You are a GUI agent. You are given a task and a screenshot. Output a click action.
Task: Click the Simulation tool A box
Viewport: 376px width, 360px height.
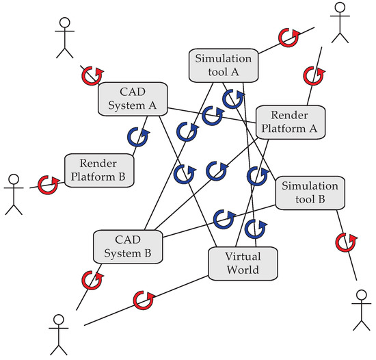(224, 66)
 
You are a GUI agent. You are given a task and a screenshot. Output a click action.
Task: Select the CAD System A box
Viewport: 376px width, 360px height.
(133, 99)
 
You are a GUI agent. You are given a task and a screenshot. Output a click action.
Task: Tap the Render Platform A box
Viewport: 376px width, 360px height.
(288, 121)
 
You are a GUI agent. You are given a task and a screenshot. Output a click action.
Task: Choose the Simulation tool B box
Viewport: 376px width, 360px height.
(310, 193)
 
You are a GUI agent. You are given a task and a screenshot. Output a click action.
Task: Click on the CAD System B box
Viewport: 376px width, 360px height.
(127, 246)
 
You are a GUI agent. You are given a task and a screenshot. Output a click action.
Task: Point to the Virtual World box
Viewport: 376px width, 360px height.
(243, 263)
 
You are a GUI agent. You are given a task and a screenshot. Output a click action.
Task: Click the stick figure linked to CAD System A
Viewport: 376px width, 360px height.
(63, 36)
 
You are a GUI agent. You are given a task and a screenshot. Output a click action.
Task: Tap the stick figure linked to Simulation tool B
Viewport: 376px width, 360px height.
(360, 309)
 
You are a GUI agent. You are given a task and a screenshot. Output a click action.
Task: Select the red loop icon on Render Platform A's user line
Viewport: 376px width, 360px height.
(312, 75)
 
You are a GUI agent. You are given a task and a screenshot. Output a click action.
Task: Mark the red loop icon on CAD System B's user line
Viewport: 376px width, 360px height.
(89, 279)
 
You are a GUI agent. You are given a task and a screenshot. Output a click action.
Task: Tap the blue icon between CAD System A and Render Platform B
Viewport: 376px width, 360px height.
(136, 136)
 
